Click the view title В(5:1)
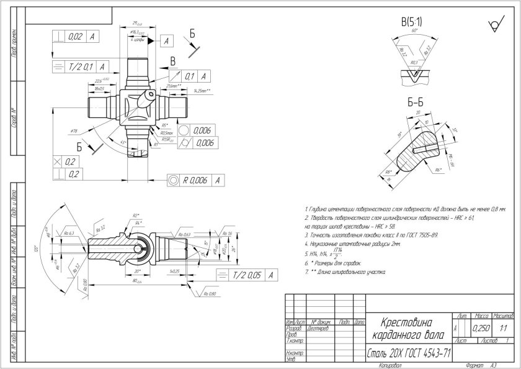412,22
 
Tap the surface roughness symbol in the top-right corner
494,25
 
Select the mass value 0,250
479,327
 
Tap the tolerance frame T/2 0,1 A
79,65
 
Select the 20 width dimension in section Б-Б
419,112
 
